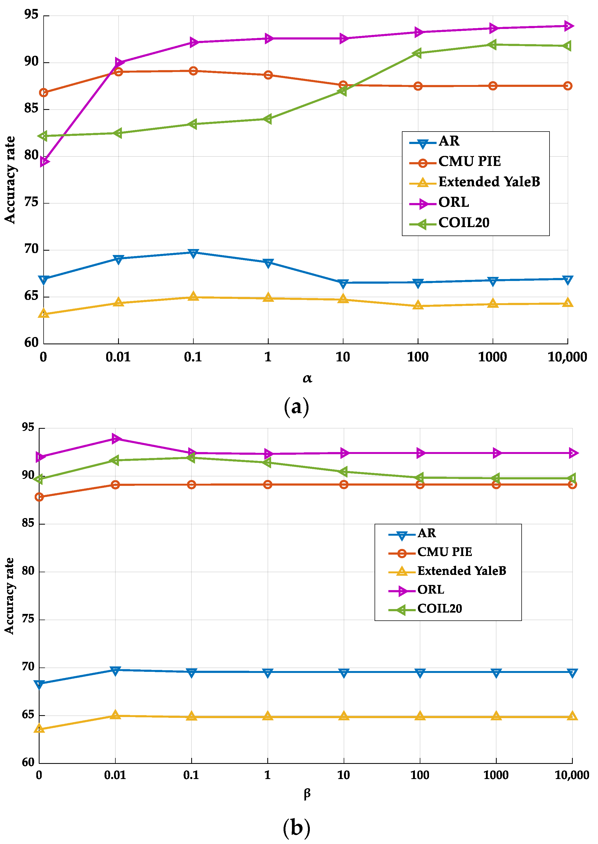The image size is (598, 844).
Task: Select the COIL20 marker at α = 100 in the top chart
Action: [418, 53]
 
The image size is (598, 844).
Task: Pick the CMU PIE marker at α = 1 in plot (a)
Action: [268, 75]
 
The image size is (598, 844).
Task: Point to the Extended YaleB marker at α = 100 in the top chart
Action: [418, 305]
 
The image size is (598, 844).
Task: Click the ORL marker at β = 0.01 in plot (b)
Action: [116, 438]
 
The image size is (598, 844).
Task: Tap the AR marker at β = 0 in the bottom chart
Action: [39, 684]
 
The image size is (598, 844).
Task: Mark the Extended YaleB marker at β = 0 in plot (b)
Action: [39, 729]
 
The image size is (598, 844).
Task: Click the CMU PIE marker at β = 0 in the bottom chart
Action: [39, 497]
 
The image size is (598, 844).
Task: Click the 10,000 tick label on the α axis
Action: [567, 357]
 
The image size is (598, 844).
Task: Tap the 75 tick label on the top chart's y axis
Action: [31, 202]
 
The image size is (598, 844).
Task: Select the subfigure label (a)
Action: [296, 407]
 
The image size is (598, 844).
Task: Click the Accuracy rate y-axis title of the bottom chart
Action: [9, 596]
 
